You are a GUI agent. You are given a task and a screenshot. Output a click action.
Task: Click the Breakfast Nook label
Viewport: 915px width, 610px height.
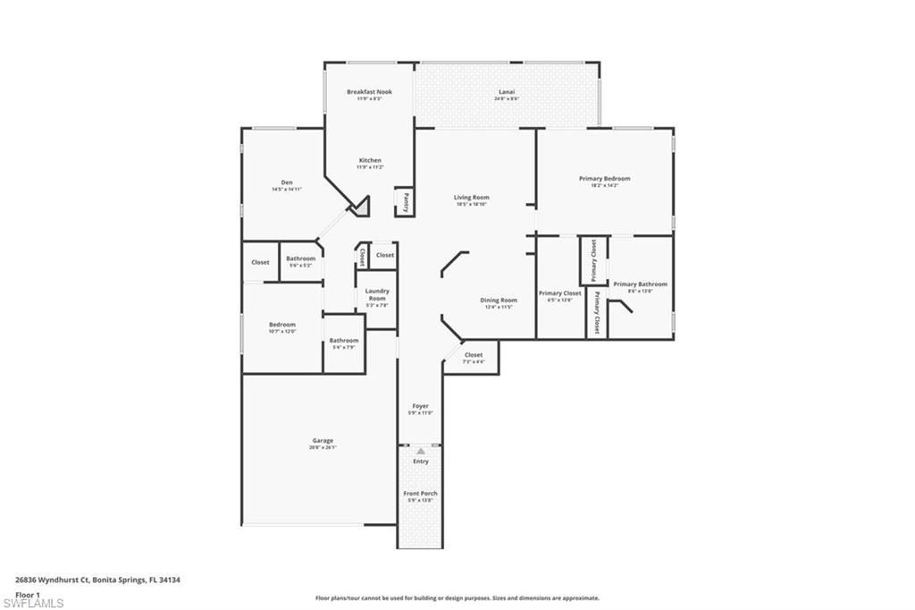tap(369, 92)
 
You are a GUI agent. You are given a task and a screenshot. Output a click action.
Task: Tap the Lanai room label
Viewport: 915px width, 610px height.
tap(507, 92)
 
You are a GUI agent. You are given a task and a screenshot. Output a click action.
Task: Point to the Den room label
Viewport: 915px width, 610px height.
tap(287, 182)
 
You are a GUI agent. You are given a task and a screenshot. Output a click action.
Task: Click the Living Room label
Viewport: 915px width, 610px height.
tap(472, 198)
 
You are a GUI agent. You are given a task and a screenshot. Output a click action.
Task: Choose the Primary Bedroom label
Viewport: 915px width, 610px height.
tap(604, 179)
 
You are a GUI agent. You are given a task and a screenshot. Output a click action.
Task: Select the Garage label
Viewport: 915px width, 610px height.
tap(323, 441)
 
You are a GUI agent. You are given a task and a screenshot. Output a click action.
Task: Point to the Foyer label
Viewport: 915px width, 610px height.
tap(420, 406)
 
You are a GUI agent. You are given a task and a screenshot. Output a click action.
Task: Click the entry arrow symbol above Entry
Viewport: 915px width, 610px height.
tap(421, 451)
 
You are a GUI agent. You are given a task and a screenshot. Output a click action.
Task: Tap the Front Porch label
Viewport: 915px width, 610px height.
tap(420, 494)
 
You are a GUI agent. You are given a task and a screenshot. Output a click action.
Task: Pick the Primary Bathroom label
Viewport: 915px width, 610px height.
tap(640, 284)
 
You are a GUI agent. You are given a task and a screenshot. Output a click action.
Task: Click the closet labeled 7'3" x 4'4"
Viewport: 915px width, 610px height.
tap(473, 358)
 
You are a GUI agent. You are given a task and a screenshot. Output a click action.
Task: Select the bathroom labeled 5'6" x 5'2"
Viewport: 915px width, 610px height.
tap(300, 262)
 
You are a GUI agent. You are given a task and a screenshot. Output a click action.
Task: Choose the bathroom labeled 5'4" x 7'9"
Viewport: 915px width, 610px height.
tap(343, 343)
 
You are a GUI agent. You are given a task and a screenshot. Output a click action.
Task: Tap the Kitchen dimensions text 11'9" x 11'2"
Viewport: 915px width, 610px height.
tap(369, 167)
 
